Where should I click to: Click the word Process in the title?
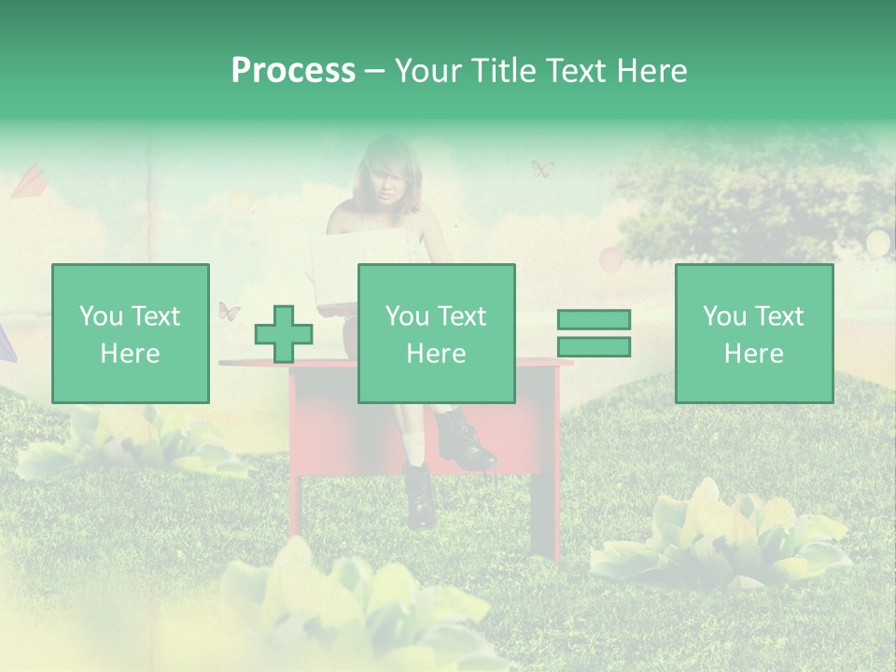click(293, 71)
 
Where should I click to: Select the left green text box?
click(130, 333)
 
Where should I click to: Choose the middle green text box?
click(436, 333)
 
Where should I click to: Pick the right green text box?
click(753, 333)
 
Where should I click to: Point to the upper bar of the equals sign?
click(594, 320)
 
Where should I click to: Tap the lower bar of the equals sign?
click(594, 346)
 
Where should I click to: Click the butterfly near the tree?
click(542, 169)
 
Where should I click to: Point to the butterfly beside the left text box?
click(229, 311)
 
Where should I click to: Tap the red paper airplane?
click(28, 180)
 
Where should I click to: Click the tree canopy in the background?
click(747, 201)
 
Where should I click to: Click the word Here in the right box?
click(753, 353)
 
